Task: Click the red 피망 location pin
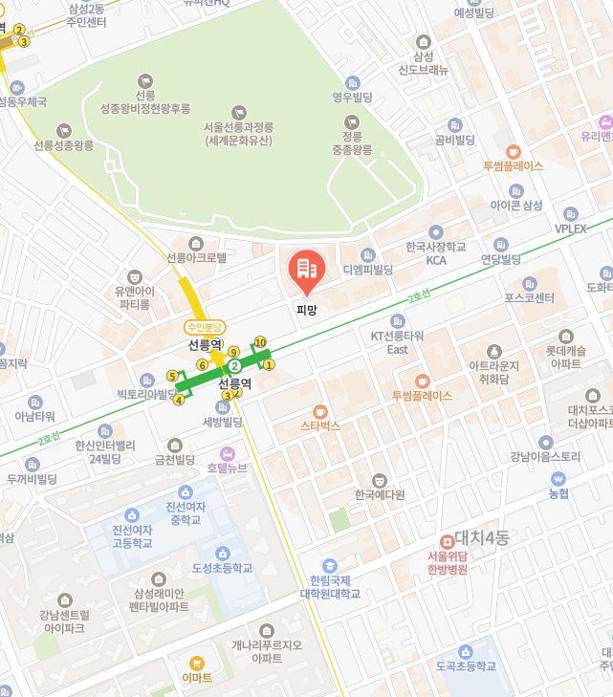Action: [307, 271]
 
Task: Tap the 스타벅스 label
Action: [319, 425]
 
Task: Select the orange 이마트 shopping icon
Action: [197, 663]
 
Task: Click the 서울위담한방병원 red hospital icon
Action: [447, 541]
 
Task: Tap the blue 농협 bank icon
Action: [558, 478]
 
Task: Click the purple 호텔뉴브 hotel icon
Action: [228, 453]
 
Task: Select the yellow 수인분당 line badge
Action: [205, 327]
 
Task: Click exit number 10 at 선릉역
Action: [260, 341]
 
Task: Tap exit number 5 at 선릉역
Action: [172, 376]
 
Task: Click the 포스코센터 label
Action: [529, 297]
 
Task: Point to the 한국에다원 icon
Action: [380, 480]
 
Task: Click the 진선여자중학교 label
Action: [185, 513]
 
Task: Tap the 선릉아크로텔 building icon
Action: [196, 243]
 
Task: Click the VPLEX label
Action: [577, 229]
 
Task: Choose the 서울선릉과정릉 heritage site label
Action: [239, 134]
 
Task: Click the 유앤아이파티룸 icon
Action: [134, 276]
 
